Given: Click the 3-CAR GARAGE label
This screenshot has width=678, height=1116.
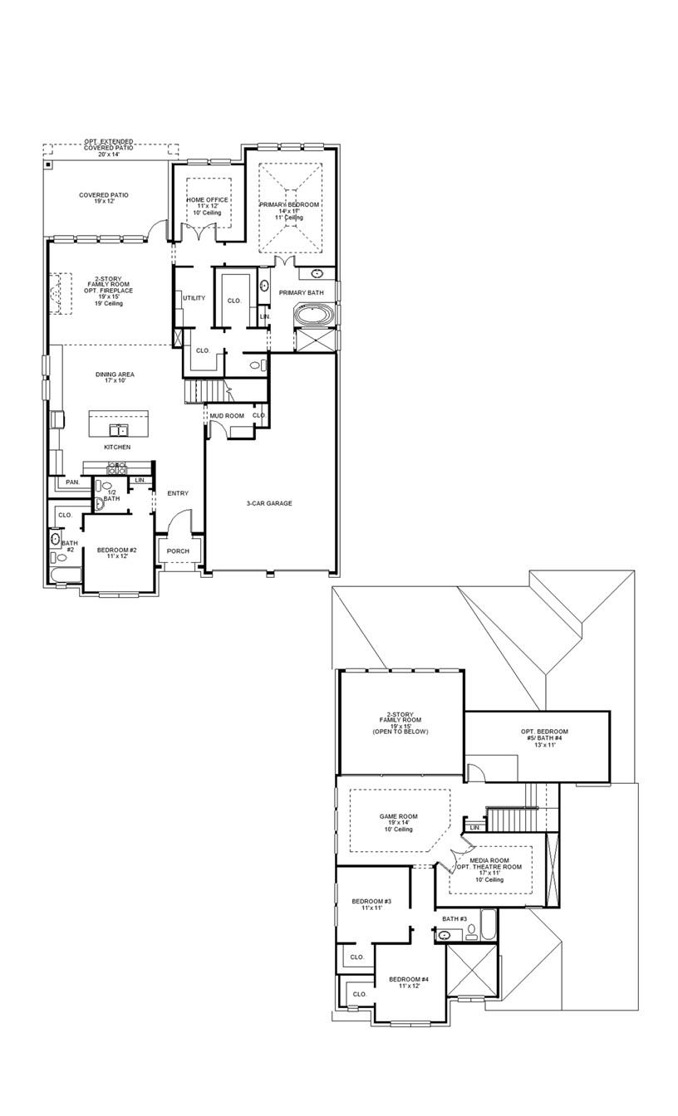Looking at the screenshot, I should (268, 503).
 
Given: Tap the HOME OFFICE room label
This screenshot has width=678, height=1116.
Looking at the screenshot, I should (207, 200).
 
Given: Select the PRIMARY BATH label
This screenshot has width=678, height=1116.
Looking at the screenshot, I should (301, 293).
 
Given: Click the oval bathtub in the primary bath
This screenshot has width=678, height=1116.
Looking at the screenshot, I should (317, 316).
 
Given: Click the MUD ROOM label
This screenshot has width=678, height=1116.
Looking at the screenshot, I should (226, 415).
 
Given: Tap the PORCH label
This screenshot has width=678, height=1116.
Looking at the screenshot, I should (178, 551).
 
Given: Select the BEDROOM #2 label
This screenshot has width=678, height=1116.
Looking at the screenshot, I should (116, 551).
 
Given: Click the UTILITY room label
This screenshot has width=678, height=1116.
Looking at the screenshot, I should (194, 298).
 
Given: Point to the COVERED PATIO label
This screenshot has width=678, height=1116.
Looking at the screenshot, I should (104, 195).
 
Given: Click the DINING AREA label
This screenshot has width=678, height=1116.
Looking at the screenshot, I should (115, 374).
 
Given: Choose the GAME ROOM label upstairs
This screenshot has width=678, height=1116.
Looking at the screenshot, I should (399, 816).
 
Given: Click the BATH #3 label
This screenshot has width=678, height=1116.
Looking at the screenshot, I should (454, 919).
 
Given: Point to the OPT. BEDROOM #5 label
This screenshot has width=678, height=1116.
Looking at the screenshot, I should (544, 732).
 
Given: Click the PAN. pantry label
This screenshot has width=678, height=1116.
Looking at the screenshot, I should (73, 482).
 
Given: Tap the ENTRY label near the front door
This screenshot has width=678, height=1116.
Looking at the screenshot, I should (178, 493).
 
